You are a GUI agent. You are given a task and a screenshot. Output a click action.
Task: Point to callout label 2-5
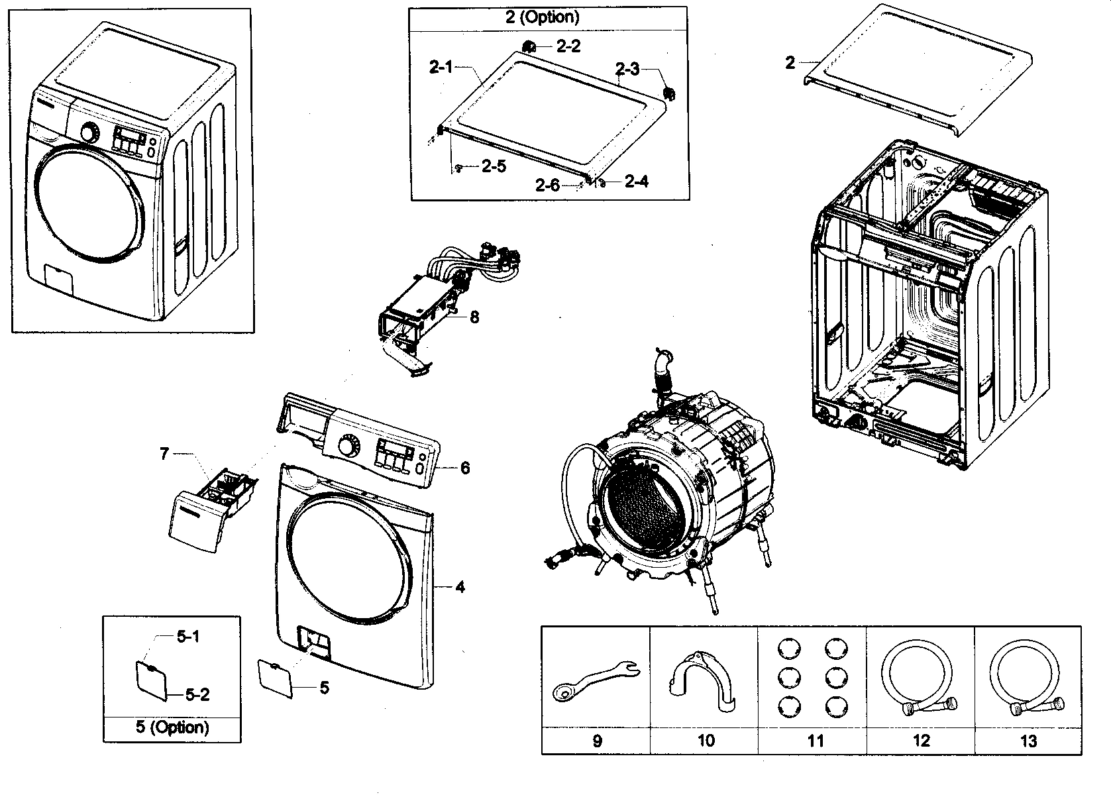(494, 167)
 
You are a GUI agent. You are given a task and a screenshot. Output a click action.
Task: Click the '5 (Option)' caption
(172, 727)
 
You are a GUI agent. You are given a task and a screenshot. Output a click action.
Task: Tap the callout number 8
(474, 317)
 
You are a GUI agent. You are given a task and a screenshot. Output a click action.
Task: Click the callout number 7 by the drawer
(164, 454)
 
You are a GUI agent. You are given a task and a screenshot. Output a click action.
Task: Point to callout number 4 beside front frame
(460, 587)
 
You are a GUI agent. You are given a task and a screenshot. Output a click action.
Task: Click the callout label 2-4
(636, 182)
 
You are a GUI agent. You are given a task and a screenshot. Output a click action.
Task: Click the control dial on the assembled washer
(88, 132)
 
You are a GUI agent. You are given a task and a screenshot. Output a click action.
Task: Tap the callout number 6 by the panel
(465, 468)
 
